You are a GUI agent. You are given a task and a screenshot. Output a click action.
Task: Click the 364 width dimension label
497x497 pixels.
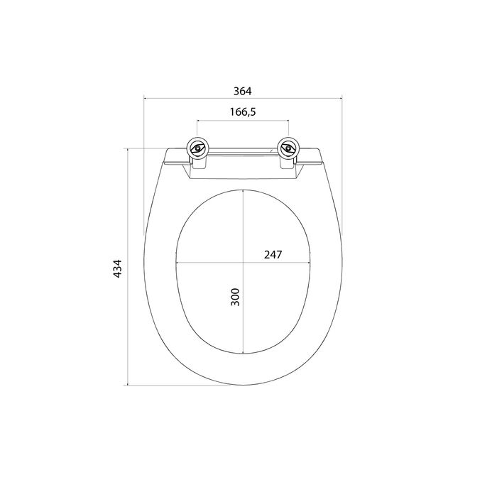pos(243,92)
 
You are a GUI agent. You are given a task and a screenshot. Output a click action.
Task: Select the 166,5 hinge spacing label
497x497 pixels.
pos(243,112)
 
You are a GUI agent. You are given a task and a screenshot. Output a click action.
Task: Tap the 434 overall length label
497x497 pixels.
pos(118,269)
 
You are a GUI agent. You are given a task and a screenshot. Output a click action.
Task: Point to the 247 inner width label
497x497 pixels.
pos(273,254)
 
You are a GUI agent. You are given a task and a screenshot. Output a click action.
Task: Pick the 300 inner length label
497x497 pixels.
pos(235,297)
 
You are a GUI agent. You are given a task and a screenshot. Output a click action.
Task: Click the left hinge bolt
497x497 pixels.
pos(198,148)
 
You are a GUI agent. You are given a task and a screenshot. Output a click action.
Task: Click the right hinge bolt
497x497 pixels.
pos(288,148)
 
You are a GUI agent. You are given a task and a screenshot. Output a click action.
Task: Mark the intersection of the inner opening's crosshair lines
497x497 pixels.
pos(243,263)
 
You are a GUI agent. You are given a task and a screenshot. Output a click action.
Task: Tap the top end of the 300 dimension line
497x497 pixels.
pos(243,190)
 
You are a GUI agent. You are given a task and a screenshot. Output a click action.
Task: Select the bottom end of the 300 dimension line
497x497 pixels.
pos(243,354)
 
